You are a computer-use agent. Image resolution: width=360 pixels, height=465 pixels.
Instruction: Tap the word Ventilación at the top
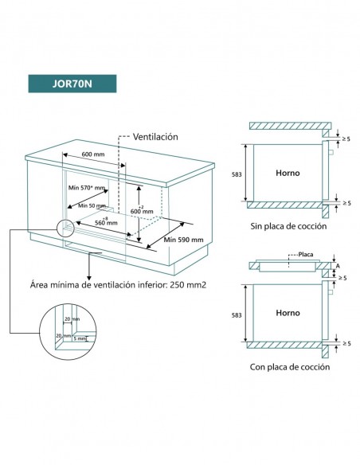155,136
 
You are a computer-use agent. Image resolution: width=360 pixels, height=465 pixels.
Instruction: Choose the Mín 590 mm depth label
183,239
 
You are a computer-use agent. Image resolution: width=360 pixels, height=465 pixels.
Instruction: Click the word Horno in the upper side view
287,173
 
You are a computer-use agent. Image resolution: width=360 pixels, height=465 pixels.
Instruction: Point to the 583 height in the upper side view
237,173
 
